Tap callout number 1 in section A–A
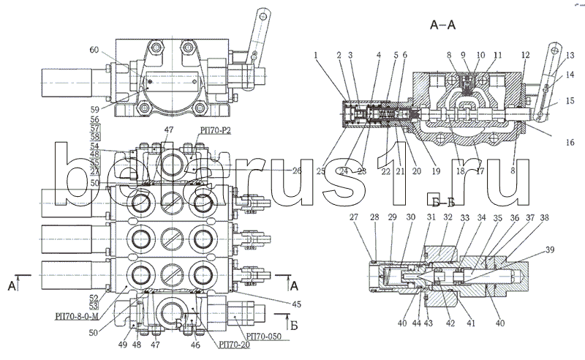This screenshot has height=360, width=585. tap(316, 55)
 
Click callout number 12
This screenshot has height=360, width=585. tap(526, 55)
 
